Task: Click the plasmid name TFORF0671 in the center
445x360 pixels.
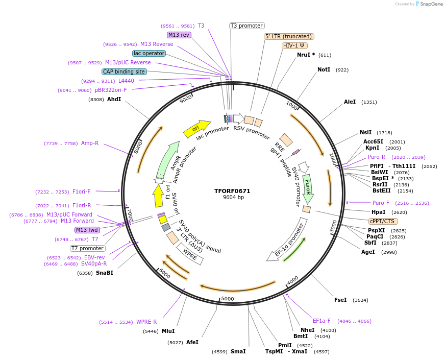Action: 232,191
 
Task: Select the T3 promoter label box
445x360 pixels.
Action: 246,26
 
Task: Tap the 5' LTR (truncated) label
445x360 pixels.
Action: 289,36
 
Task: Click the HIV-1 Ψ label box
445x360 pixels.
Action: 294,45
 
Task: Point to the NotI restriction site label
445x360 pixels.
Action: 324,69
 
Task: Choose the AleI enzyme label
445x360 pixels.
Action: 350,102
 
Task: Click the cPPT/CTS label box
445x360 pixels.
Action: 383,221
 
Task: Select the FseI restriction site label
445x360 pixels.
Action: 340,300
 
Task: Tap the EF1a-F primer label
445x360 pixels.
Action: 322,321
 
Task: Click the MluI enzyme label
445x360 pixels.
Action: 168,331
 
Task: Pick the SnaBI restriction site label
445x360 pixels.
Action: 105,273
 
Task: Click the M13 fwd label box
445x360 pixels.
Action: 87,230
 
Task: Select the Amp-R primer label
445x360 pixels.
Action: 90,143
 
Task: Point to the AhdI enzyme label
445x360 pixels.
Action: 114,99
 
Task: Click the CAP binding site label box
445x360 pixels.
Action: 124,72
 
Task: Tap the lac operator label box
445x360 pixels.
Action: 149,53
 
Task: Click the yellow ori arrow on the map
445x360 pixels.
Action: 196,129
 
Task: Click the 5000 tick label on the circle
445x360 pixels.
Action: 227,299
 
